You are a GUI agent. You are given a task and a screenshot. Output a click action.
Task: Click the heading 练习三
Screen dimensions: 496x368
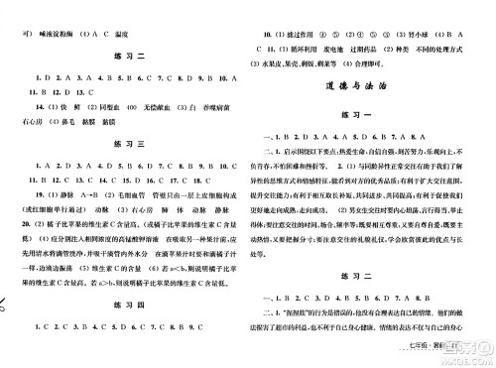124,144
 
